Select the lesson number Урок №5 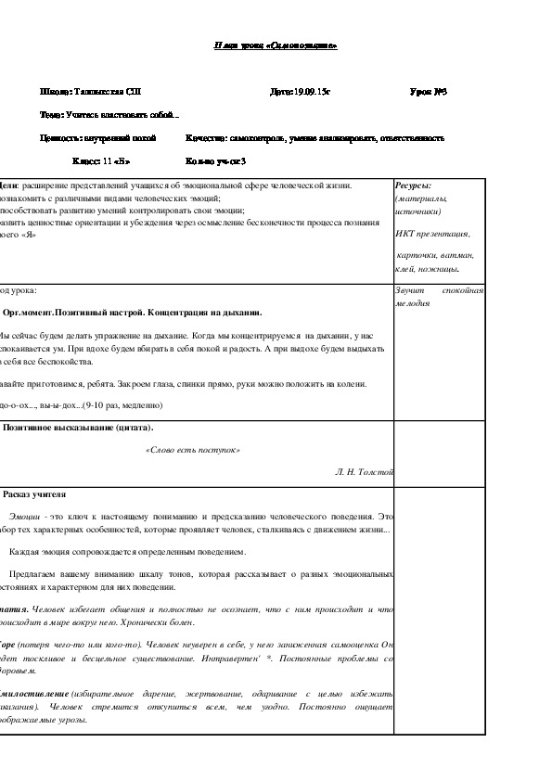[x=429, y=92]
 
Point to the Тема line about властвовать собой [x=109, y=115]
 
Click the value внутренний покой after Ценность [x=121, y=137]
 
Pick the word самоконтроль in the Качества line [x=253, y=137]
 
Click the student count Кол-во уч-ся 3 [x=215, y=160]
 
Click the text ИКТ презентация [x=432, y=234]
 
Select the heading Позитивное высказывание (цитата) [x=78, y=428]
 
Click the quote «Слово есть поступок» [x=193, y=450]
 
